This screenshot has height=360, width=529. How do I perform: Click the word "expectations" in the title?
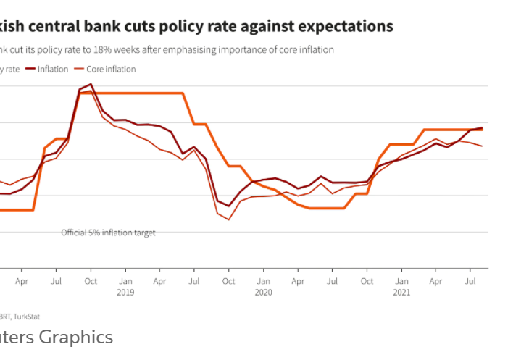pyautogui.click(x=344, y=26)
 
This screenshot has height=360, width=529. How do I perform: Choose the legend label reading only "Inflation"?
pyautogui.click(x=52, y=69)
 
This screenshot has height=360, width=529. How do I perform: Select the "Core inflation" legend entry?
pyautogui.click(x=111, y=69)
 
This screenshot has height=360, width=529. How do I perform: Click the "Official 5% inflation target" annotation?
pyautogui.click(x=108, y=233)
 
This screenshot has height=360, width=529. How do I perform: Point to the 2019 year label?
pyautogui.click(x=125, y=293)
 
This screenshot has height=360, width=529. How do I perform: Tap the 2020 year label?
pyautogui.click(x=263, y=293)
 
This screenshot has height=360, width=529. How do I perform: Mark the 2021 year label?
pyautogui.click(x=401, y=293)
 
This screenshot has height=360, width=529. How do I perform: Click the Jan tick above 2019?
pyautogui.click(x=125, y=280)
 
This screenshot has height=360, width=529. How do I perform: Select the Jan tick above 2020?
pyautogui.click(x=263, y=280)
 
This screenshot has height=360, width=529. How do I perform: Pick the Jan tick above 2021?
pyautogui.click(x=401, y=280)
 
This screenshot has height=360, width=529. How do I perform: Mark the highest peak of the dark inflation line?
pyautogui.click(x=91, y=84)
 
